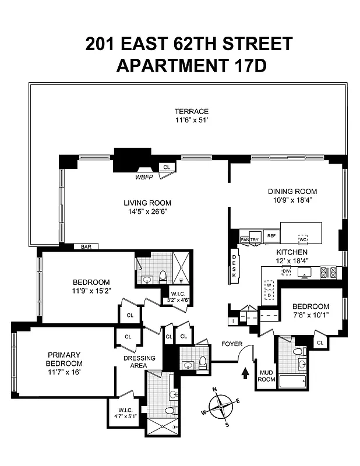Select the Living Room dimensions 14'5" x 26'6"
point(147,212)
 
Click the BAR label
point(86,247)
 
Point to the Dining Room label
point(292,191)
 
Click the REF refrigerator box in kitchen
point(271,236)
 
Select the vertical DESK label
point(234,267)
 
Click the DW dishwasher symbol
point(286,271)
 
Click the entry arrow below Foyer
point(245,370)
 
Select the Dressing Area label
point(137,361)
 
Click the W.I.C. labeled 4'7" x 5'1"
point(124,413)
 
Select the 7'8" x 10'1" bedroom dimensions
point(310,316)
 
